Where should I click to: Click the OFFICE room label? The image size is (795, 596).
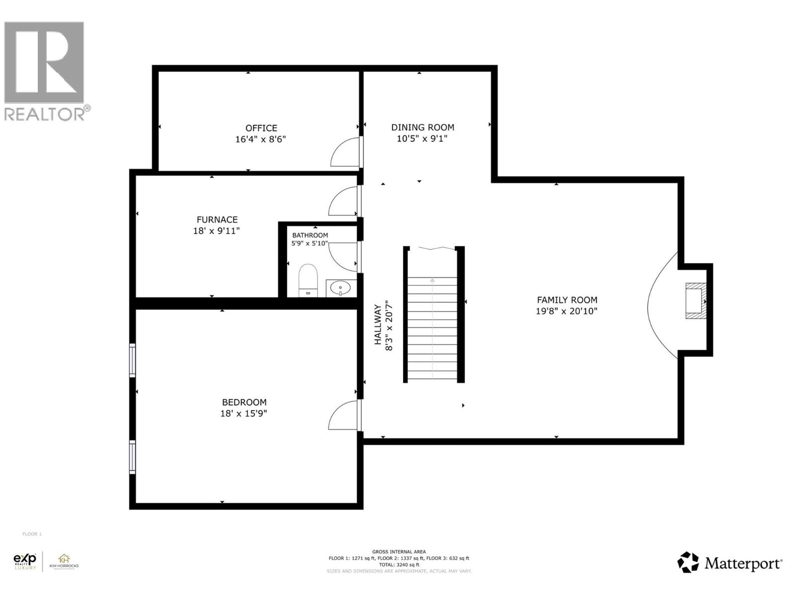click(x=261, y=128)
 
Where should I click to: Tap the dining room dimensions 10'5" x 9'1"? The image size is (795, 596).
click(x=422, y=139)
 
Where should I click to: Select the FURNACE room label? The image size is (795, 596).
click(x=217, y=220)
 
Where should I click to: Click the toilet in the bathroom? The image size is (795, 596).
click(x=308, y=281)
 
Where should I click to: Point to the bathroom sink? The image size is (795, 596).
click(x=341, y=288)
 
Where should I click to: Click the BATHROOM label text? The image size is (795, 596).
click(x=310, y=235)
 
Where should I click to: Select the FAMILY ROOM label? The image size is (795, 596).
click(x=567, y=300)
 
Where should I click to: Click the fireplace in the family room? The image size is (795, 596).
click(x=695, y=301)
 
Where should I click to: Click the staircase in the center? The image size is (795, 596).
click(x=433, y=328)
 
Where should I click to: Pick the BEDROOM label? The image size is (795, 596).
click(x=244, y=402)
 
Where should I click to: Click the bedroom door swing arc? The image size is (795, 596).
click(x=342, y=415)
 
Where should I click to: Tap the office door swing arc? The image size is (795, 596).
click(x=344, y=152)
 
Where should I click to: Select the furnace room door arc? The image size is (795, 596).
click(x=342, y=201)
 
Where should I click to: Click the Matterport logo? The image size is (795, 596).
click(x=729, y=563)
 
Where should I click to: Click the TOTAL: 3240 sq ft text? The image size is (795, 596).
click(x=398, y=565)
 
